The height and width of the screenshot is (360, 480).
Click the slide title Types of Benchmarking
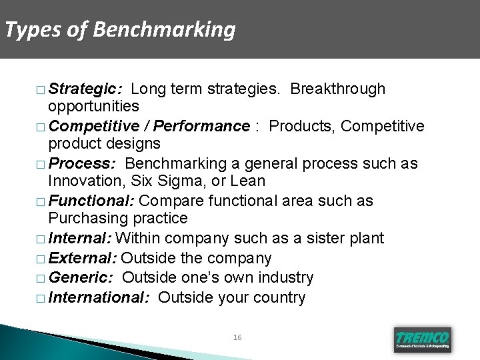coord(120,30)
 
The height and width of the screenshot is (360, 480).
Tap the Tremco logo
coord(423,339)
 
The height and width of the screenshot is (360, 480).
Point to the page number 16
coord(237,338)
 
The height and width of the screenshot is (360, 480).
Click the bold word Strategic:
coord(85,89)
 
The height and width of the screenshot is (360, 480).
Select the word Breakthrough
coord(338,89)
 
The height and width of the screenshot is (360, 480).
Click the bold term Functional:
coord(91,201)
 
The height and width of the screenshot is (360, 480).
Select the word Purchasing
coord(86,219)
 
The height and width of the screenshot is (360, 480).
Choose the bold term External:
coord(83,258)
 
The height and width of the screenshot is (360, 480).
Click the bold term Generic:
coord(81,277)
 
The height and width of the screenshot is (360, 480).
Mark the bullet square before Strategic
coord(43,89)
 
